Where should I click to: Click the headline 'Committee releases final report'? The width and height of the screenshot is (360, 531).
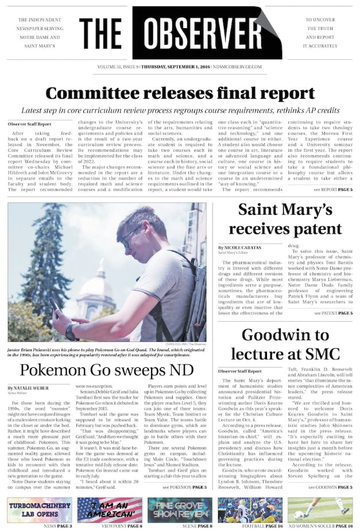click(x=180, y=93)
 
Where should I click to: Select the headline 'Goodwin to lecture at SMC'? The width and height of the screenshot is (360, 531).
click(x=285, y=344)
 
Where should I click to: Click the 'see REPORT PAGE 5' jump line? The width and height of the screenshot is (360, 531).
click(x=333, y=189)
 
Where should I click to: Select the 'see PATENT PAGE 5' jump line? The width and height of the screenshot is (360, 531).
click(x=333, y=313)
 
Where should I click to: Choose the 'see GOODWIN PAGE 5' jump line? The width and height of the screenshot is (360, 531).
click(x=330, y=487)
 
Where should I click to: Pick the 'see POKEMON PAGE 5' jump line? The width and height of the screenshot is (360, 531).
click(x=184, y=487)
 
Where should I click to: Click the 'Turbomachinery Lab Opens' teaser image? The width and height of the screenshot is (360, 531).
click(x=40, y=509)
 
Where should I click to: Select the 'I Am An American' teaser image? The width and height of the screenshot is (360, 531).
click(x=110, y=509)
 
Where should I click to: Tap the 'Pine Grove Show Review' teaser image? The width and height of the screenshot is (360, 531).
click(x=180, y=509)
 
